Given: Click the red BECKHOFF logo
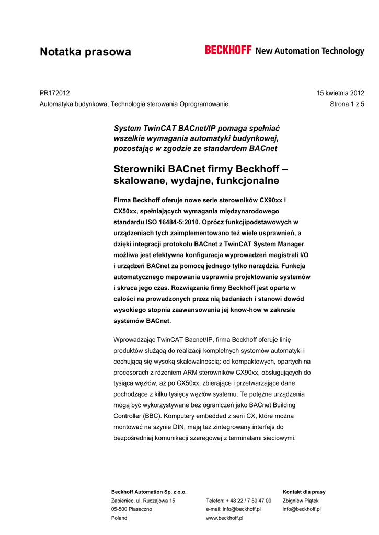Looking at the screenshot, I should pos(228,50).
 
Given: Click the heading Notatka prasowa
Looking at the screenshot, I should pos(85,52).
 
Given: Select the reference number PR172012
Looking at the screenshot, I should pos(55,93).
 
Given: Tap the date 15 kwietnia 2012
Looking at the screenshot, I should pos(340,93).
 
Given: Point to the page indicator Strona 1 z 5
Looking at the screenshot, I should pos(348,104).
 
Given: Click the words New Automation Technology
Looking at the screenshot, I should pos(309,51).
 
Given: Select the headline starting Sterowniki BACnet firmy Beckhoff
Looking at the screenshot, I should pos(201,175).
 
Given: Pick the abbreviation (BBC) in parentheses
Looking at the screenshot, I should pos(150,416).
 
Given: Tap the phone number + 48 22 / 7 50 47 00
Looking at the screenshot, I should pos(238,501).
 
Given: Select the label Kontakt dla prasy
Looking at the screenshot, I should pos(304,492).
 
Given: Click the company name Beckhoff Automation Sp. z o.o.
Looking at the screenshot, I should pos(149,492).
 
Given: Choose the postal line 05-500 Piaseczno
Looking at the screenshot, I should pos(132,509).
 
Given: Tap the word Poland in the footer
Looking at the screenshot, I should pos(119,518).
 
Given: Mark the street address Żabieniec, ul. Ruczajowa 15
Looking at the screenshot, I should pos(143,501).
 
